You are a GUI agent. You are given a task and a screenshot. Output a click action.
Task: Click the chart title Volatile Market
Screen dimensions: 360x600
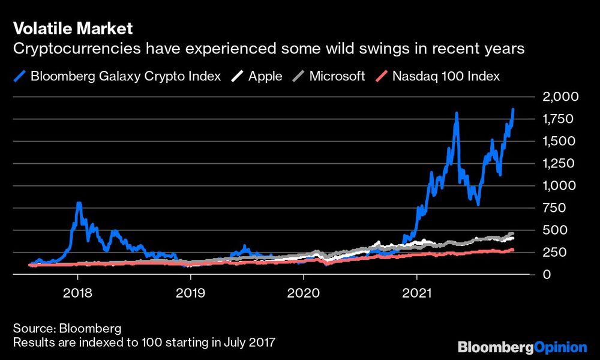coord(73,28)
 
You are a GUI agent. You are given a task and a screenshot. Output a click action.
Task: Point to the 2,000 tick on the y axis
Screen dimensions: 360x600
coord(560,97)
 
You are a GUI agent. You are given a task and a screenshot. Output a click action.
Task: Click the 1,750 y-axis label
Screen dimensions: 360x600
coord(560,119)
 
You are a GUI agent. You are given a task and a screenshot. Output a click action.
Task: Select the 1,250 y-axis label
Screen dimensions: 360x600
coord(560,163)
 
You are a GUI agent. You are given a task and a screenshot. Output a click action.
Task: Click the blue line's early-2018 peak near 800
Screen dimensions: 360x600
coord(79,205)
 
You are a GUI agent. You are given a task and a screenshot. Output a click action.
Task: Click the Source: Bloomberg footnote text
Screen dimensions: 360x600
coord(67,329)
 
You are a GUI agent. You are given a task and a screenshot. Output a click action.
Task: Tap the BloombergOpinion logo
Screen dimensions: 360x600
coord(522,347)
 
